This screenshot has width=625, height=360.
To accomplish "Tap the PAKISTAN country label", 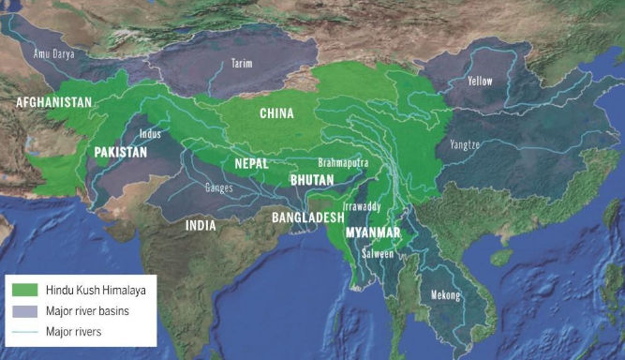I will [122, 151].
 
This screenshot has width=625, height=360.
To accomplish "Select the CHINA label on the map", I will [275, 113].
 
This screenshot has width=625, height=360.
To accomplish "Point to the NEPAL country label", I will [252, 162].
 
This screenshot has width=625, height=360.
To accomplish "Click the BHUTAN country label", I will [310, 177].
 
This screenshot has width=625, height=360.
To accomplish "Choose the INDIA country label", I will [201, 225].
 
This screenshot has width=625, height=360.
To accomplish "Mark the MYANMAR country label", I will [373, 232].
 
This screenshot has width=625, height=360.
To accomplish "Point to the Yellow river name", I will [480, 81].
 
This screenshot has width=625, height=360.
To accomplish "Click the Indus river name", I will [150, 133].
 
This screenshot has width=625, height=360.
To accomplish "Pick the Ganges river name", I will [218, 187].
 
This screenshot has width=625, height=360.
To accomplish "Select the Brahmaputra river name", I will [343, 162].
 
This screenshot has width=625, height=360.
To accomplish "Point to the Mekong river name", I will [445, 295].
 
